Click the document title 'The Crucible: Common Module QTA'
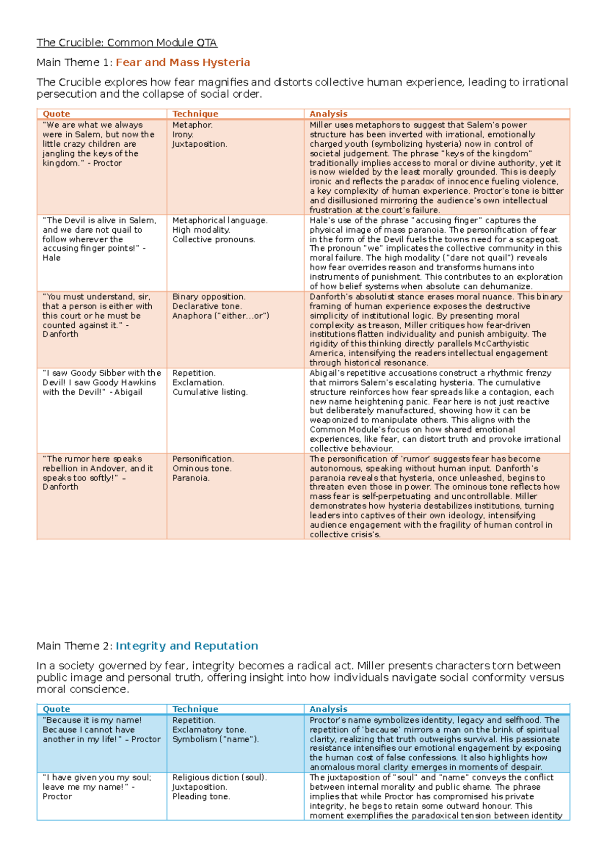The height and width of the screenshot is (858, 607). (126, 43)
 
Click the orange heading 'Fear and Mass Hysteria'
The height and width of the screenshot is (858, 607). (183, 63)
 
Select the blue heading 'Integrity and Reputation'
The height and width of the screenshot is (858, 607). (187, 646)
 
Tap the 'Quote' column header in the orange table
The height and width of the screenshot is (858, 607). (56, 114)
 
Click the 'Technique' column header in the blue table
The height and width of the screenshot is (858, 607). (195, 709)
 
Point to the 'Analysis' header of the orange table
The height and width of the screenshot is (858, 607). (328, 114)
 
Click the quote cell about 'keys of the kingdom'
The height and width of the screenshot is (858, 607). (98, 144)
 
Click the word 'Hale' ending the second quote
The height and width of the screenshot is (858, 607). (52, 258)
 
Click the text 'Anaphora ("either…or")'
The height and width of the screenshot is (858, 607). (221, 316)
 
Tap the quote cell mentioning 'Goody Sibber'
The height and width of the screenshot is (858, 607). (101, 382)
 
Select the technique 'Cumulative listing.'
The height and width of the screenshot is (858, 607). (210, 392)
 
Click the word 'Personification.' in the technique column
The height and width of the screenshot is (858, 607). (203, 459)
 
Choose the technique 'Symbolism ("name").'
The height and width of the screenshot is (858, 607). (215, 739)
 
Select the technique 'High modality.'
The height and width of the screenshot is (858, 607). (201, 230)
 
